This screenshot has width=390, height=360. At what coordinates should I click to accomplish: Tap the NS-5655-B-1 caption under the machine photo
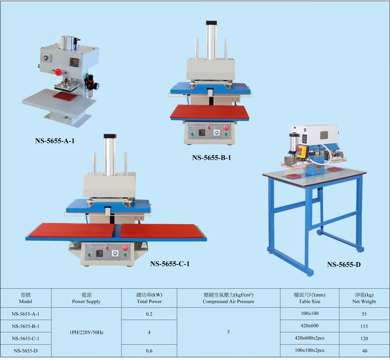coord(211,158)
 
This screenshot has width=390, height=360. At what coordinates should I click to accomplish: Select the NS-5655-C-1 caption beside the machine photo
coord(170,264)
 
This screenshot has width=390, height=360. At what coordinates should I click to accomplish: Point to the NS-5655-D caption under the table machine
coord(344,264)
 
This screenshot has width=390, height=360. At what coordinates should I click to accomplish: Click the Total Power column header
coord(149,298)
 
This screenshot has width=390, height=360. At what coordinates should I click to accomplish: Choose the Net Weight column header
coord(364,298)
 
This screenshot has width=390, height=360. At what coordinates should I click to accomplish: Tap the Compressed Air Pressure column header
coord(228,298)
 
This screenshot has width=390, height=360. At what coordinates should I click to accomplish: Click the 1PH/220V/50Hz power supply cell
coord(86,332)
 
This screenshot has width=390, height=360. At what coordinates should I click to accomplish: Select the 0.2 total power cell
coord(149,314)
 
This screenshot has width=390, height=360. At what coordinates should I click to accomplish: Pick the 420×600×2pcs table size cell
coord(309,338)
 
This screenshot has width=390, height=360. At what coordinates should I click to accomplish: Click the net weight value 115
coord(364,326)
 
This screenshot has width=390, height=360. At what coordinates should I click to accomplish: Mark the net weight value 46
coord(364,351)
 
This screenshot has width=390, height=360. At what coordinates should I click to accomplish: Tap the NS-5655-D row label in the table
coord(25,351)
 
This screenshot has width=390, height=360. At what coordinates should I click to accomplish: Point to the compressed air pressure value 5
coord(228,332)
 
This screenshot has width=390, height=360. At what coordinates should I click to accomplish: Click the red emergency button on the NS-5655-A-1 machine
coord(58,73)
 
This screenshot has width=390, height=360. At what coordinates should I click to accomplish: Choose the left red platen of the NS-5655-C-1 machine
coord(72,230)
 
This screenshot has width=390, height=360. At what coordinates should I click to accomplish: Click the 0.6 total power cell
coord(149,351)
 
